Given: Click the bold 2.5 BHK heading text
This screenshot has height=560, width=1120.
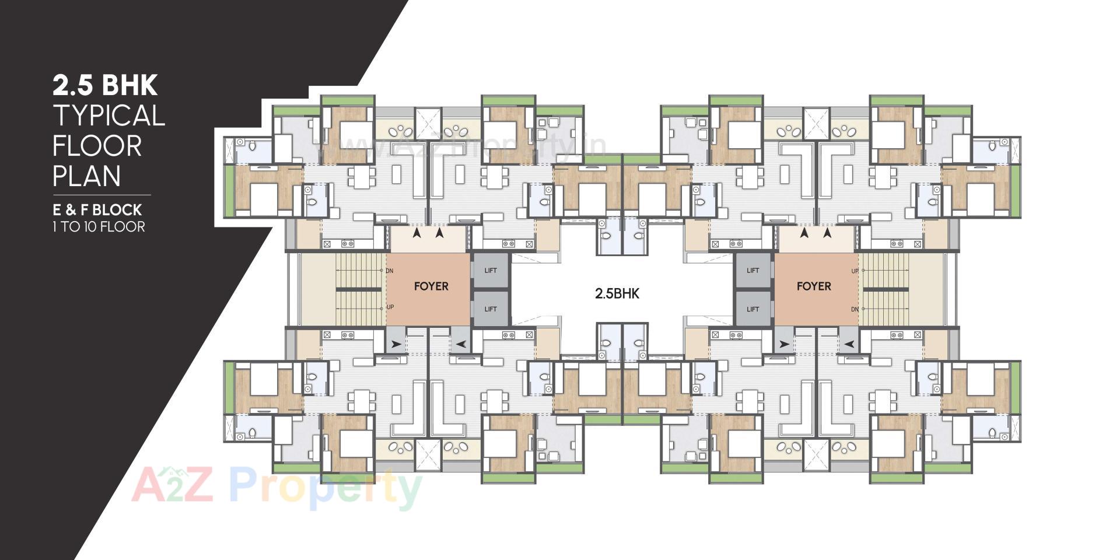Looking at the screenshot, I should [105, 85].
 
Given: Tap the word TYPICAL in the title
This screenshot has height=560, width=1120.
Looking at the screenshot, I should [109, 116].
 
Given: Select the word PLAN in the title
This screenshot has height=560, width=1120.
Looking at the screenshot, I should [87, 176].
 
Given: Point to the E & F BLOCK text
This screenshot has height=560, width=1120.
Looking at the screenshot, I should [97, 210].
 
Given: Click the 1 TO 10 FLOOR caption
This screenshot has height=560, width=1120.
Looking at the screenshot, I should [99, 227].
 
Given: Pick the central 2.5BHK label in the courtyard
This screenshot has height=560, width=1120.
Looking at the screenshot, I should [617, 293].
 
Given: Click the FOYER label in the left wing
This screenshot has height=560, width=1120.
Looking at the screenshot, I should [431, 286].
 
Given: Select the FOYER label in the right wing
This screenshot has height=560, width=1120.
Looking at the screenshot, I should [814, 286].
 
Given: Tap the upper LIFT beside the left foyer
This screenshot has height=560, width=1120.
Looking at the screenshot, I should [491, 271].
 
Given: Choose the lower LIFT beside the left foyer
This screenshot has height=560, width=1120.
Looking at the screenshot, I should [491, 309].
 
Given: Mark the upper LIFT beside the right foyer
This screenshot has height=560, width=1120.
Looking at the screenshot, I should [753, 271].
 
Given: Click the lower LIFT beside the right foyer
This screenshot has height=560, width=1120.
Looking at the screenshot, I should [753, 309].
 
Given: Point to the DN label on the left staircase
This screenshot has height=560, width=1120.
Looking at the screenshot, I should [389, 271].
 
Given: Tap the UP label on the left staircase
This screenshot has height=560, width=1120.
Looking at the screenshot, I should [390, 307].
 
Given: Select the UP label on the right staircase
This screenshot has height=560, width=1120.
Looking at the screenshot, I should [855, 271].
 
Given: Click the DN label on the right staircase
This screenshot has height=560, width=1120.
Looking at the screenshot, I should [855, 309].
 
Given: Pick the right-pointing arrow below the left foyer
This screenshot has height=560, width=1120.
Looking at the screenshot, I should [397, 345].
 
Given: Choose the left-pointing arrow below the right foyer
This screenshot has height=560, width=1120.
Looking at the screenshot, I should [849, 345].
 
